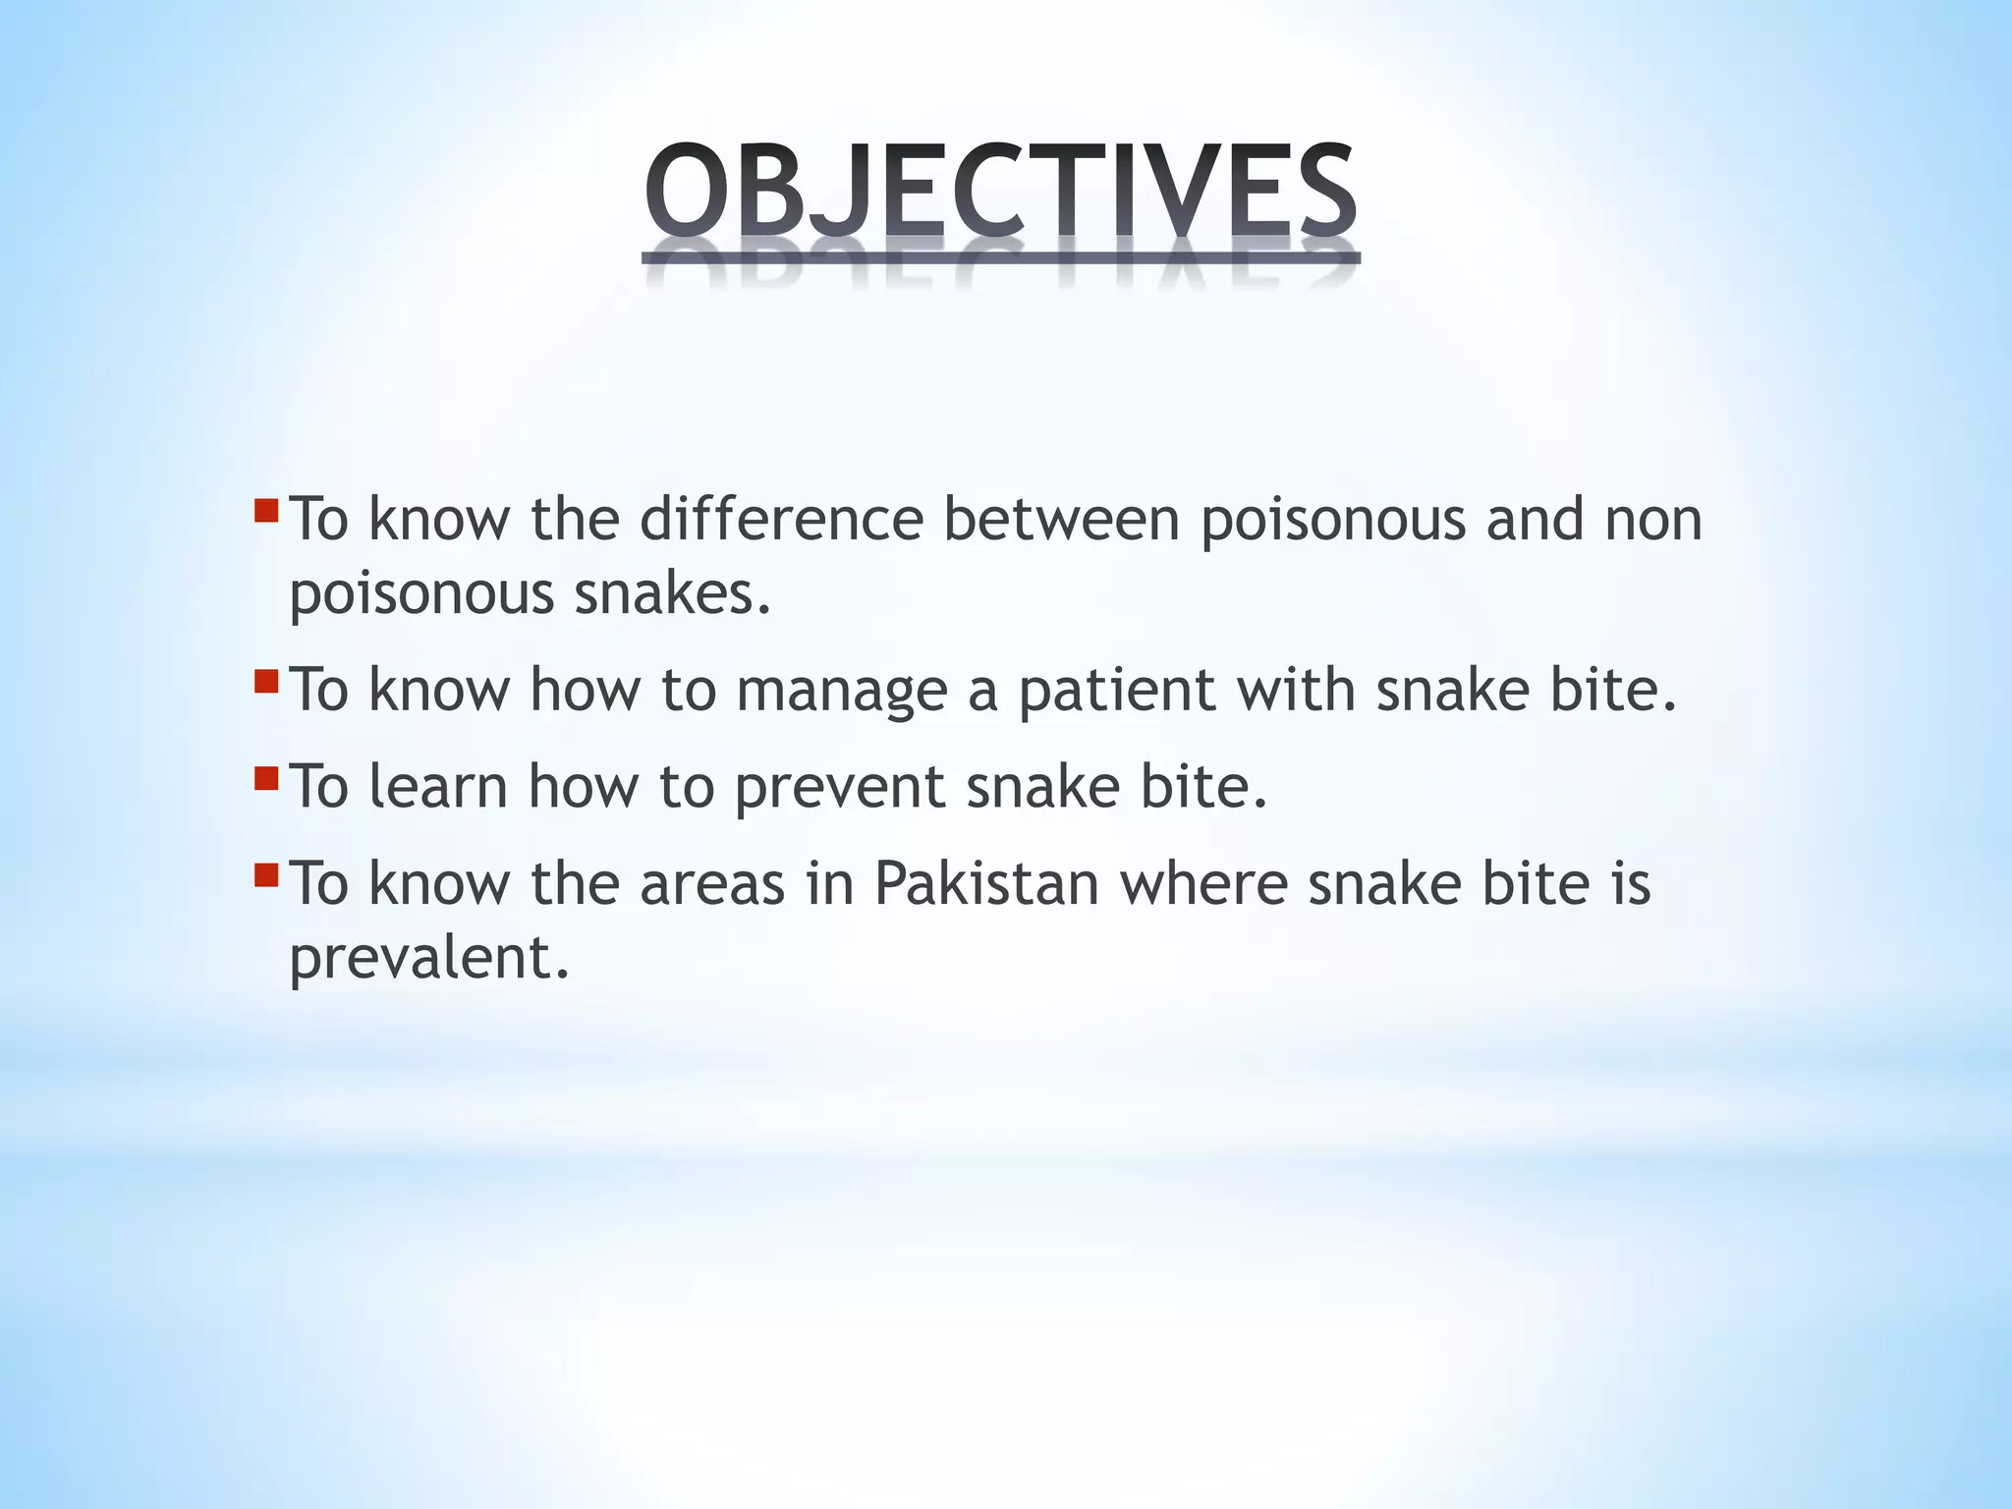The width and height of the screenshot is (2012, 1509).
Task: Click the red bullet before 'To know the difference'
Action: (x=265, y=511)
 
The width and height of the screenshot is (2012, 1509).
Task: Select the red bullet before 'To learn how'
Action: (x=265, y=779)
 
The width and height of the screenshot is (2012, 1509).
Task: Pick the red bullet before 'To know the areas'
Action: (x=265, y=874)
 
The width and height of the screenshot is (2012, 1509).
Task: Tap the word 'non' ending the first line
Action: (x=1653, y=521)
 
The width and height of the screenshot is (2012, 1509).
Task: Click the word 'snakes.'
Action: (x=673, y=593)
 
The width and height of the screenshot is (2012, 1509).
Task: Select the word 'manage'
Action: (x=841, y=692)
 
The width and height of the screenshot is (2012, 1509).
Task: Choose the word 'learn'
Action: (x=438, y=786)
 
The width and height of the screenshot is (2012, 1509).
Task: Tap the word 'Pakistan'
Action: (x=986, y=882)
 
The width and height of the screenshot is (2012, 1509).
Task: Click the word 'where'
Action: (x=1203, y=882)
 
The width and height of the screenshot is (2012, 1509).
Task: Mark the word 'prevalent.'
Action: (x=429, y=959)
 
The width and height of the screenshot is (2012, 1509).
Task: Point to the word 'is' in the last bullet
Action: (x=1631, y=882)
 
